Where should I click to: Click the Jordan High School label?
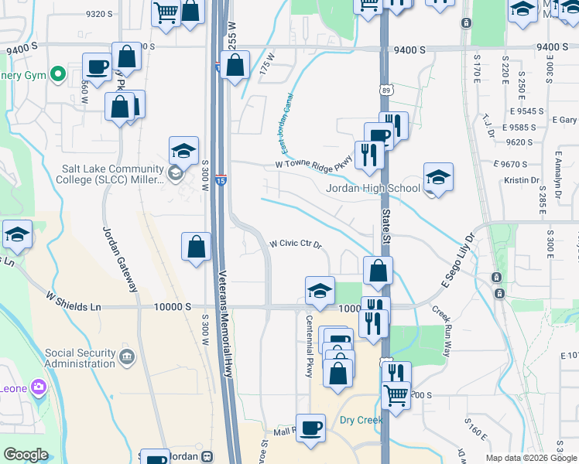tap(372, 188)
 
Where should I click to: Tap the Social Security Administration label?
tap(81, 357)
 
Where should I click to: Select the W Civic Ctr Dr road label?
tap(295, 244)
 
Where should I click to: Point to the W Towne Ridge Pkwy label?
tap(313, 164)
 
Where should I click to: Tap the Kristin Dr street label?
tap(521, 179)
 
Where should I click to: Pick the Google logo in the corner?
tap(26, 455)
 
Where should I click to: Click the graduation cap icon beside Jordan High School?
tap(438, 179)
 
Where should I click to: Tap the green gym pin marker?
tap(57, 74)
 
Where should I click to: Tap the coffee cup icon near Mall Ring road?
tap(311, 428)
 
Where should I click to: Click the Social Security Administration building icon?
tap(128, 357)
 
